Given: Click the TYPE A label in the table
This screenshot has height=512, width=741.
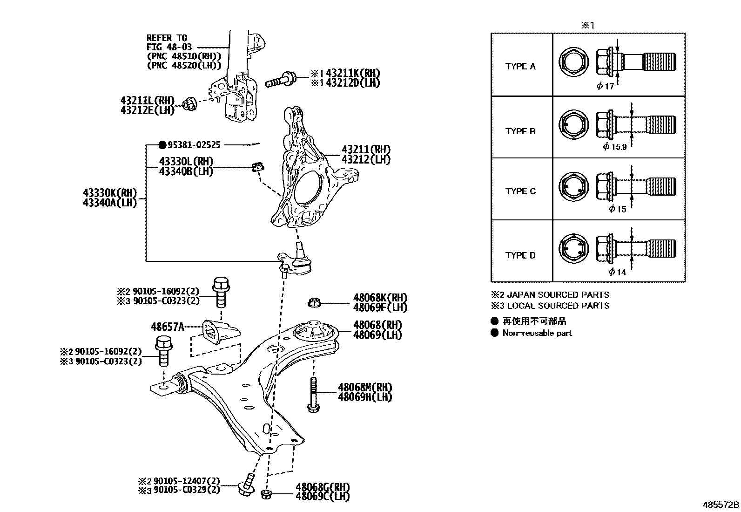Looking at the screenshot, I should (x=520, y=66).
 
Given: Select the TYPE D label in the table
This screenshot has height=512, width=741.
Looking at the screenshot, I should (x=520, y=255).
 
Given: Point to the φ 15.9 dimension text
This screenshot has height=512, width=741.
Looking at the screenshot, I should (x=615, y=147).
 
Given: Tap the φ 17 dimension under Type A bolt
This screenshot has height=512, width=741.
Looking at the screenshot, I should (x=606, y=86).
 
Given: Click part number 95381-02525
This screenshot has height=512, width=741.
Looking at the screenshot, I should (x=194, y=145).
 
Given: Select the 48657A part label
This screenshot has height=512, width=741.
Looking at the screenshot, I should (x=167, y=327).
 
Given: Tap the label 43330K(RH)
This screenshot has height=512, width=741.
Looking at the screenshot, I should (x=110, y=192).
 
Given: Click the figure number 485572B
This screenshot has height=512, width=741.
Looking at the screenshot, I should (x=721, y=505).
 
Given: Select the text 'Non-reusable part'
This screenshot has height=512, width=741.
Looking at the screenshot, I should (x=537, y=333).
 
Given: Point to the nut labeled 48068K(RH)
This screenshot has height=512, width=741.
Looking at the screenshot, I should (x=315, y=303).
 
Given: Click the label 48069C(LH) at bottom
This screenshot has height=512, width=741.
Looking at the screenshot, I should (x=322, y=497).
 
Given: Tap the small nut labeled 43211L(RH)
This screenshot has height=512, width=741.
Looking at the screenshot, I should (x=189, y=103).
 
